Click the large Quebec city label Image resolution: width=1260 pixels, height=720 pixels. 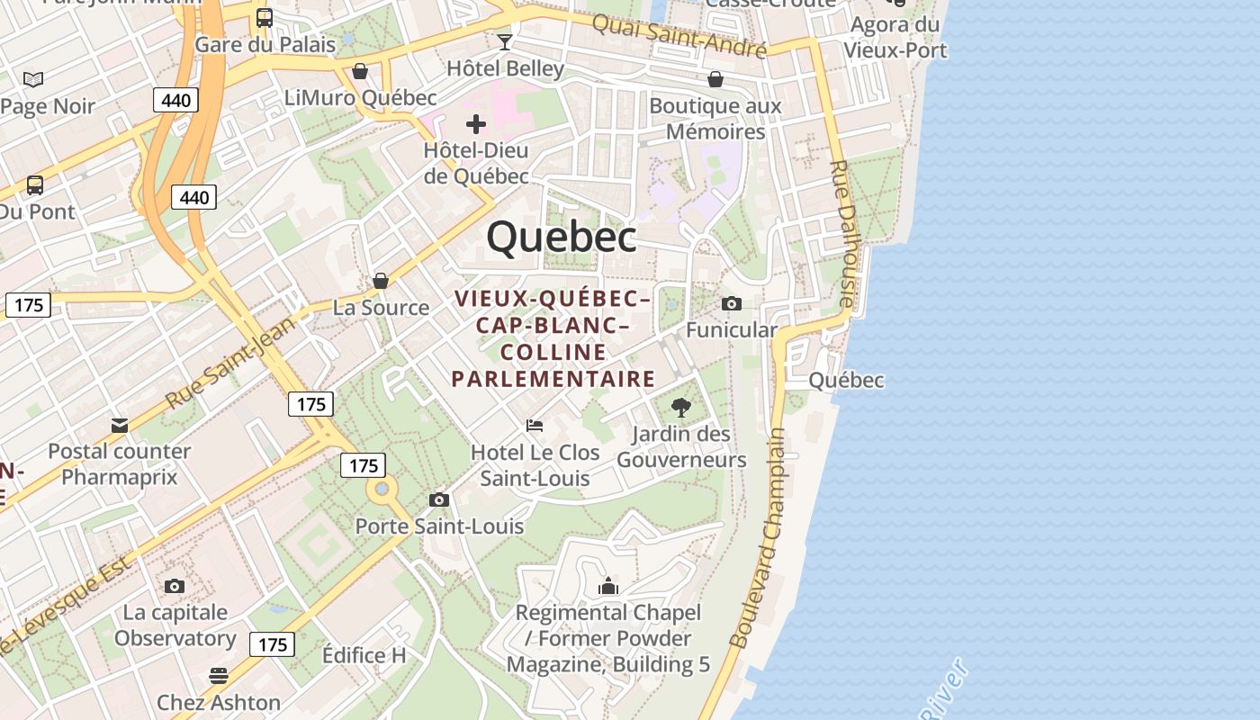point(562,237)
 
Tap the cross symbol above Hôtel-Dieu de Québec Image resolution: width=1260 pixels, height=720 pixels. point(476,124)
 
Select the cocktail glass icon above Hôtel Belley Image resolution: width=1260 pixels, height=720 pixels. point(505,41)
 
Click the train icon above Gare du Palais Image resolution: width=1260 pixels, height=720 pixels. point(265,17)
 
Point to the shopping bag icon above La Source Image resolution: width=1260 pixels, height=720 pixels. point(381,281)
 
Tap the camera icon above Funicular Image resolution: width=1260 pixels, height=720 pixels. point(732,303)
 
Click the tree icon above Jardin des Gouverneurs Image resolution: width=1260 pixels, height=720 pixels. point(681,407)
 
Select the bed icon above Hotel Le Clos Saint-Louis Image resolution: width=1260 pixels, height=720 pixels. point(535,425)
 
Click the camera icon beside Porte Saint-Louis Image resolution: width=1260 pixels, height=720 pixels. point(439,499)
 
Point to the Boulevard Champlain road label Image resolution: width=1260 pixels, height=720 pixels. point(757,538)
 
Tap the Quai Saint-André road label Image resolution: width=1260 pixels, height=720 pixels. point(679,34)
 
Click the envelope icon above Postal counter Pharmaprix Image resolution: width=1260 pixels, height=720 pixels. point(120,425)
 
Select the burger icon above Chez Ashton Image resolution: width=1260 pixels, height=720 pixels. point(218,675)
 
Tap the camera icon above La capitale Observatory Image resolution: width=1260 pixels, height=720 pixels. point(175,586)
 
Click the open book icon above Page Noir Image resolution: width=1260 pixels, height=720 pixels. point(33,80)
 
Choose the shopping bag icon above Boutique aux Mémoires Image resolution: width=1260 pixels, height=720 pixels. point(715,79)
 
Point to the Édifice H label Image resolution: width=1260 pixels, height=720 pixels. point(364,655)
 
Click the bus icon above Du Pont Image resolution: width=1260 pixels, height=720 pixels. point(35,185)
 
